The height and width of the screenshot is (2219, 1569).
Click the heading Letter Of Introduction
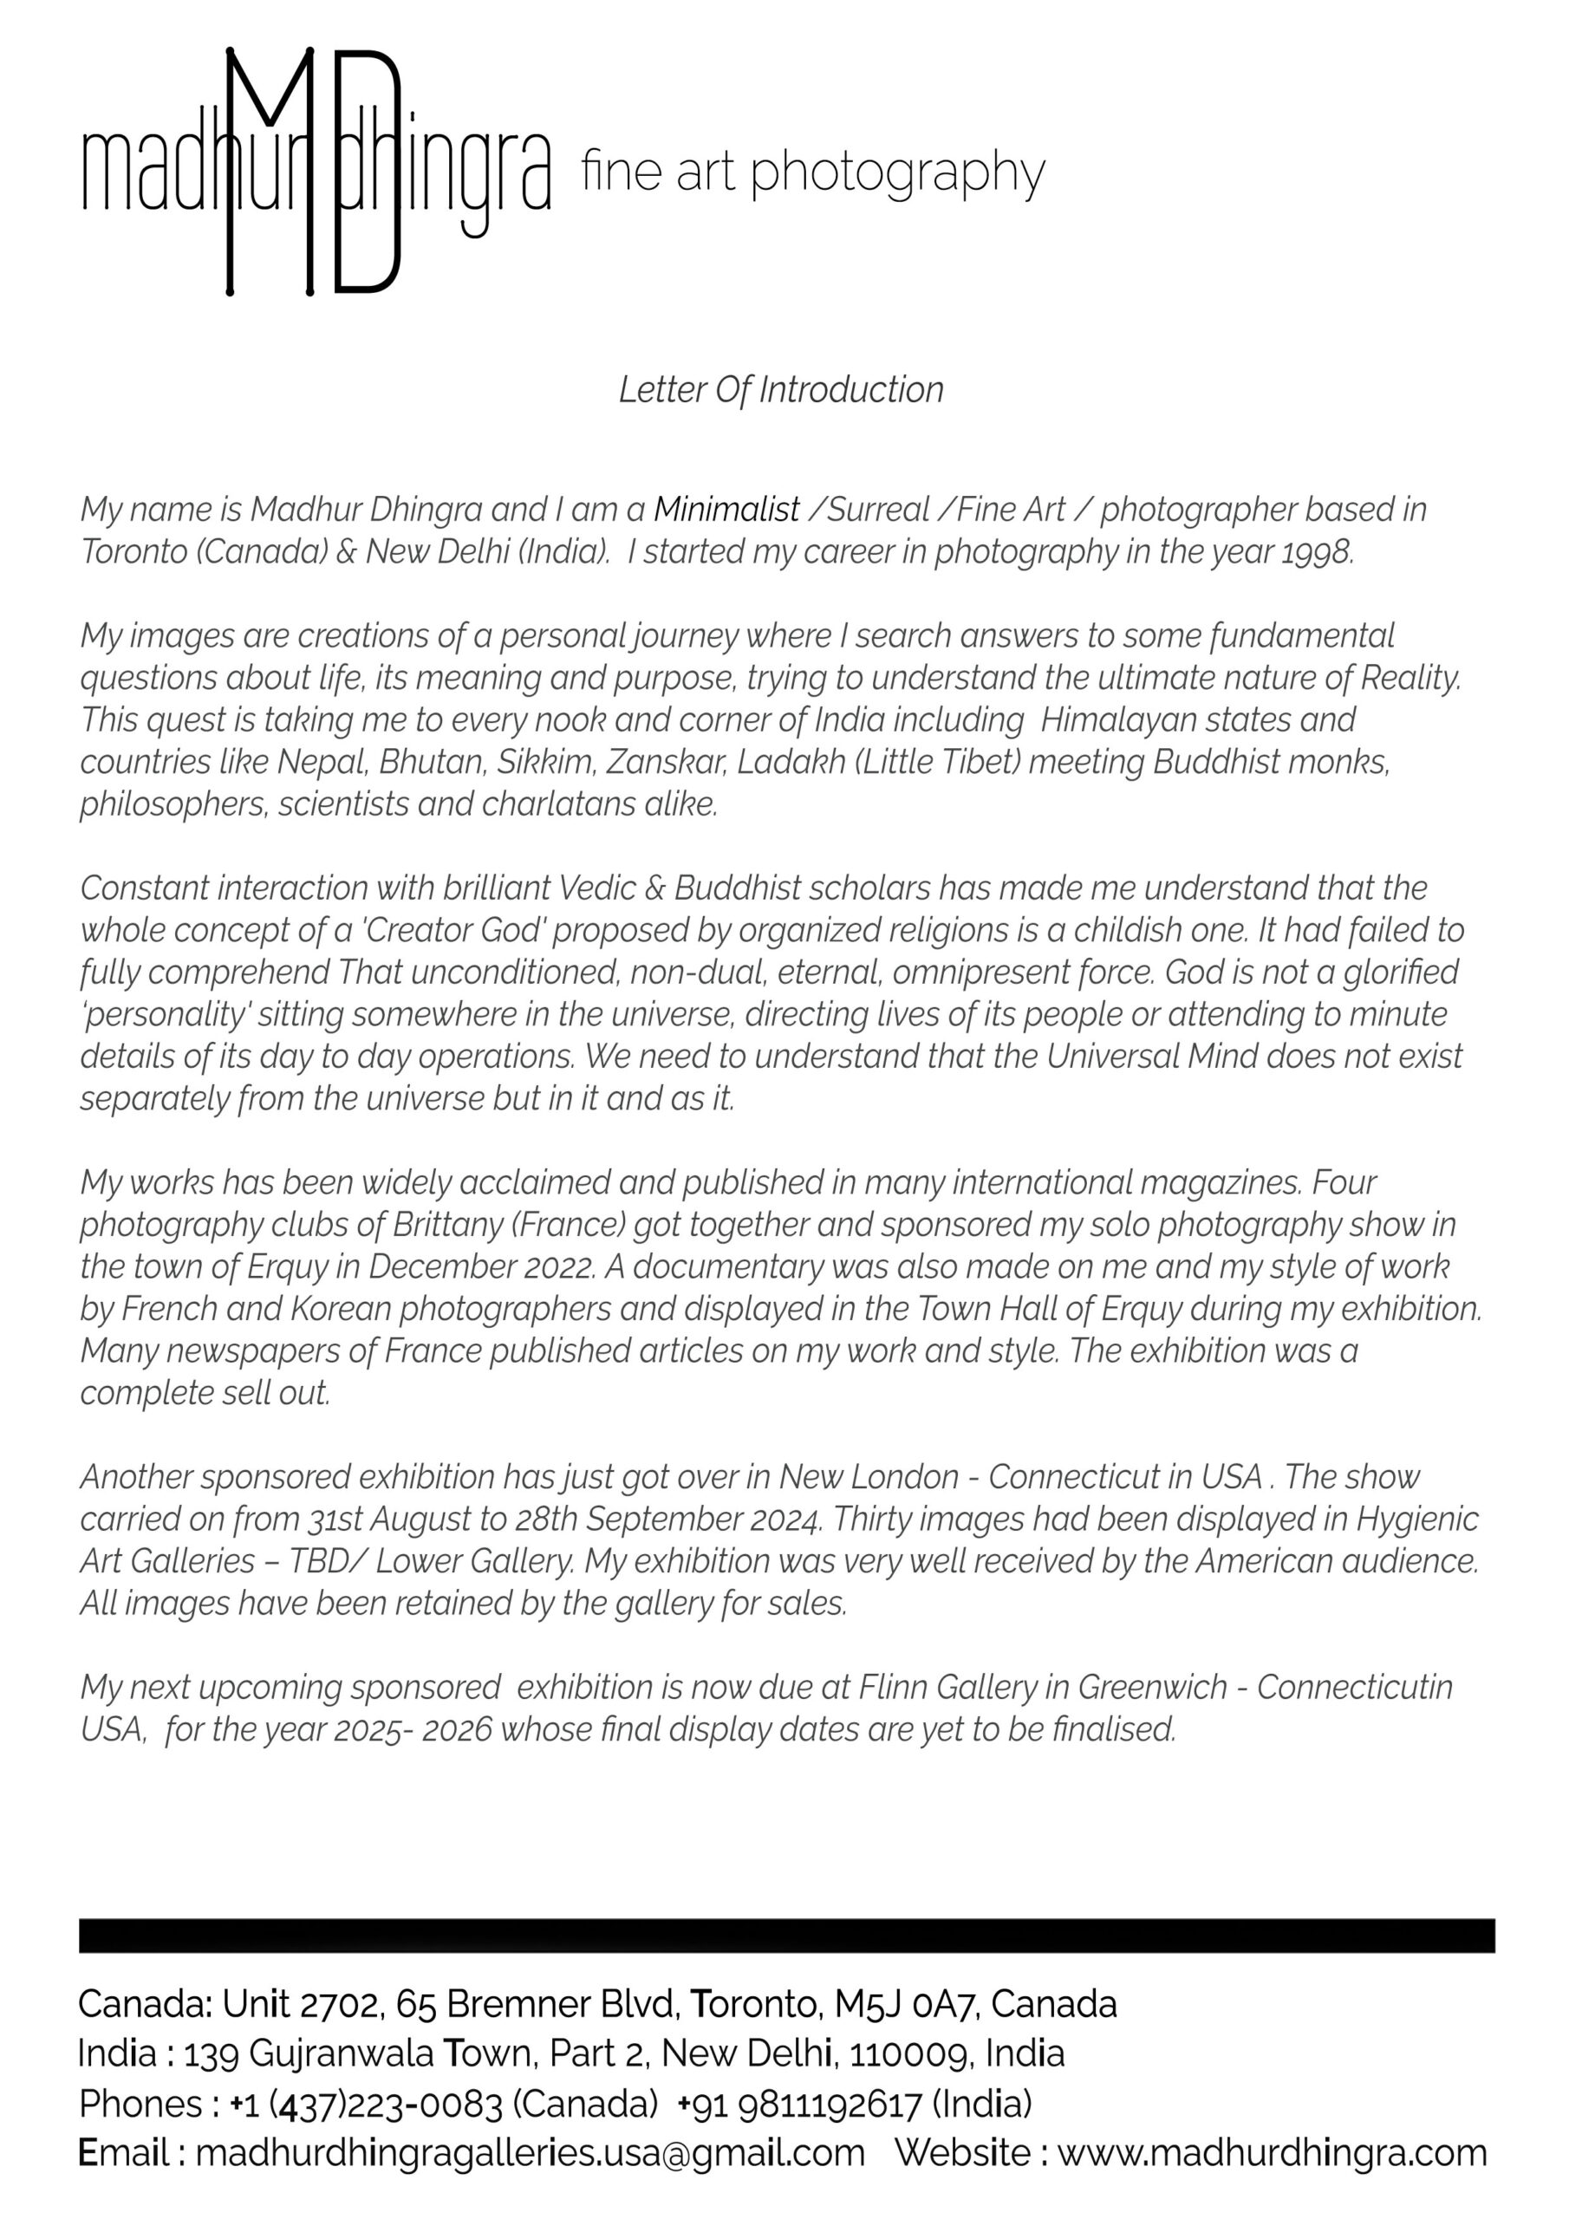[x=780, y=390]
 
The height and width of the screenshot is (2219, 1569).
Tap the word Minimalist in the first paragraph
[x=726, y=510]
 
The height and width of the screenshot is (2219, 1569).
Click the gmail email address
[x=530, y=2153]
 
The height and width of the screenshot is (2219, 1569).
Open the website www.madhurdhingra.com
[x=1272, y=2153]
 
